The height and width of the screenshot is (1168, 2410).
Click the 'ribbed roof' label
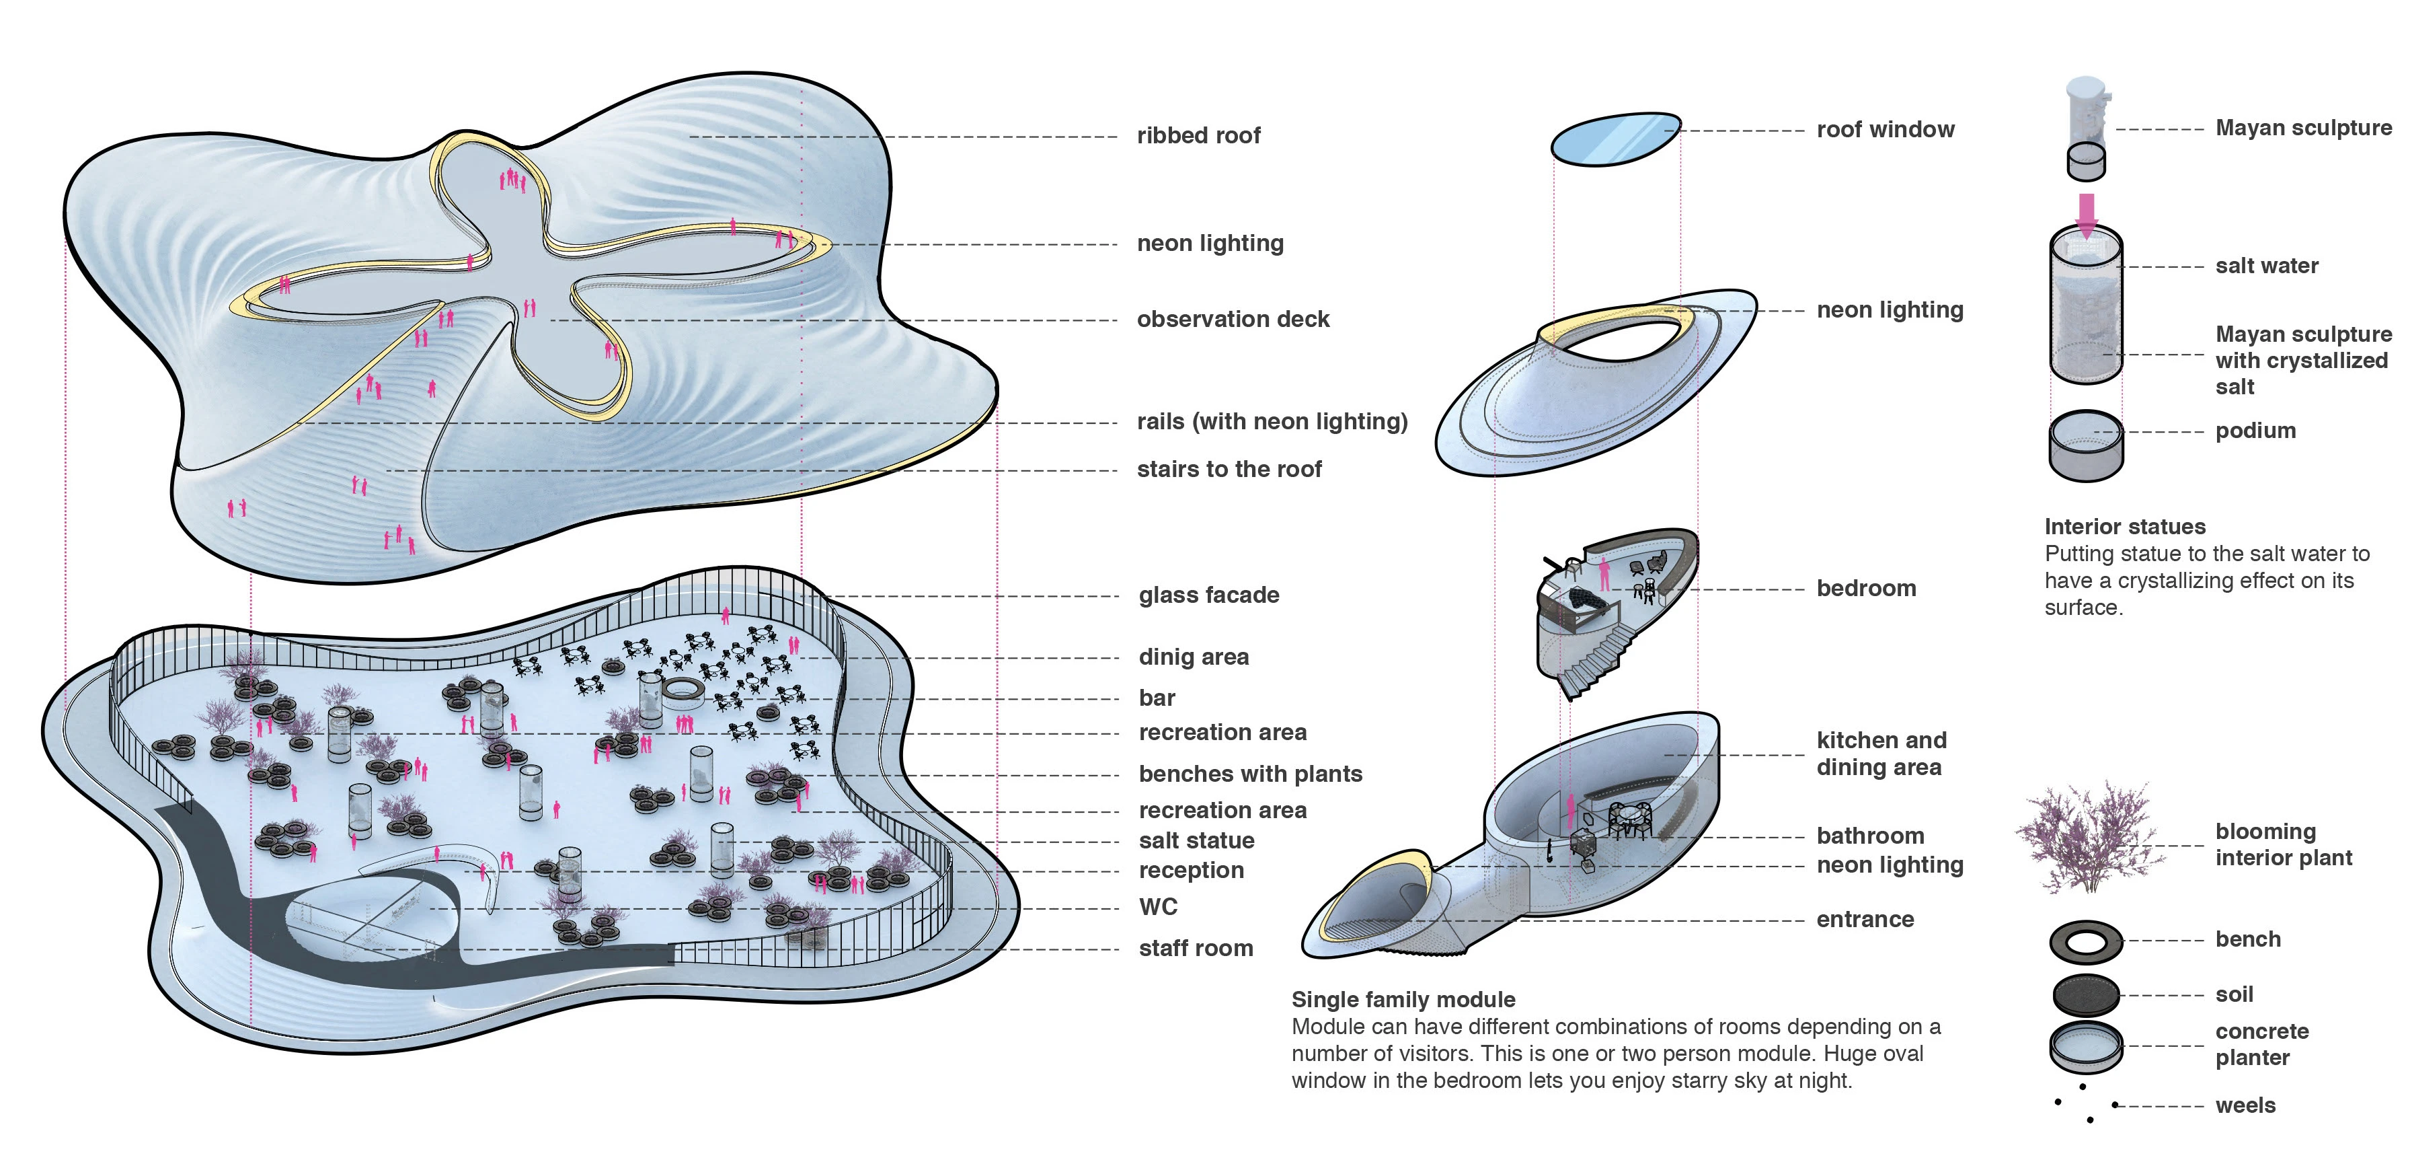1198,136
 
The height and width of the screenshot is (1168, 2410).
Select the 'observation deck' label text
1232,319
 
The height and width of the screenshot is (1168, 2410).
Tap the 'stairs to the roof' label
1229,469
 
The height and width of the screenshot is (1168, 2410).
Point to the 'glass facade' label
1209,595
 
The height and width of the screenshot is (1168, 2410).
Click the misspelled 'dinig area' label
1193,657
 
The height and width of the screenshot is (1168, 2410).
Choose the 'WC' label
1157,907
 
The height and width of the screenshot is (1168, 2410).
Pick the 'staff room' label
1196,948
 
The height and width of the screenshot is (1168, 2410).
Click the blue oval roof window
1615,139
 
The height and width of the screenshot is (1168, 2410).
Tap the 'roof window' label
1885,129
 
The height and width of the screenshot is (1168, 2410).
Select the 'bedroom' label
1865,589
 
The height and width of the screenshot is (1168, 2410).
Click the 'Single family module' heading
1403,1000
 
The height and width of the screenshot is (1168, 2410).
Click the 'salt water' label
2266,266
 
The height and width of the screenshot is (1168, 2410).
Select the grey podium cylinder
2085,447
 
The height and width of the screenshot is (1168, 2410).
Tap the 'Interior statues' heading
2125,527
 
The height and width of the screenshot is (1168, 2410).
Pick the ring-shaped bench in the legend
2085,941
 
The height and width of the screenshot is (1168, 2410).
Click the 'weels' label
2245,1105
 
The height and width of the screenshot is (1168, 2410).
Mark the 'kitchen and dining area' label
1881,754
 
